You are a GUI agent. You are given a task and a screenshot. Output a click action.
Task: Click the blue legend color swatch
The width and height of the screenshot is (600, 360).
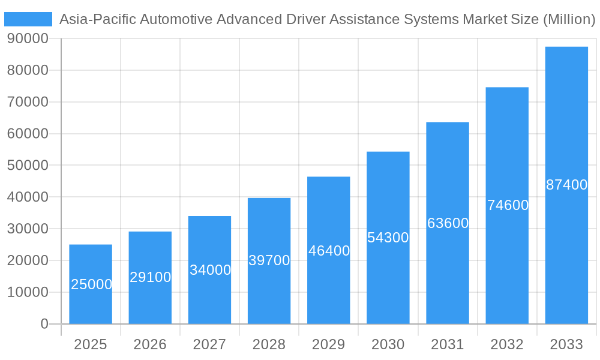point(28,19)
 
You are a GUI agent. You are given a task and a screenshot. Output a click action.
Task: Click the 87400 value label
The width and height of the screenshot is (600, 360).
point(566,185)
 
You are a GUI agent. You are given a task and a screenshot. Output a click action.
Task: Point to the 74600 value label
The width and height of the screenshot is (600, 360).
point(508,205)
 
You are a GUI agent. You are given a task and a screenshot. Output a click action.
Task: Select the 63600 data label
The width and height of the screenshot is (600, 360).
point(448,223)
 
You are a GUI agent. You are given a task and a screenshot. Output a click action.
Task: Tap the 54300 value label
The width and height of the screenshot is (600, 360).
point(388,238)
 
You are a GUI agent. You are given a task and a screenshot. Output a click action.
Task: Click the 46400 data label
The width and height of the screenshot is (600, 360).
point(329,251)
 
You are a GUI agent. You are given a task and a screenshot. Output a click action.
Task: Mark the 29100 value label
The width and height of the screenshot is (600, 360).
point(150,277)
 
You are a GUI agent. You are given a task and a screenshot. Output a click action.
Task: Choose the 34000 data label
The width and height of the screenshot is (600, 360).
point(210,270)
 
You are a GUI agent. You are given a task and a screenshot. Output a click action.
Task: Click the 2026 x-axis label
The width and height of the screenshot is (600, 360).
point(150,344)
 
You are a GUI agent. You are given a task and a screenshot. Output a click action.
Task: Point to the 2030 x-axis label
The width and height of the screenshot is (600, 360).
point(388,344)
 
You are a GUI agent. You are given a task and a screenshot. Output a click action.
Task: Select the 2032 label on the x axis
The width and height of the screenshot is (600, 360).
point(507,344)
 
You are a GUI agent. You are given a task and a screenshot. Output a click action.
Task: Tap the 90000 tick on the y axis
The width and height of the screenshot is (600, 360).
point(28,38)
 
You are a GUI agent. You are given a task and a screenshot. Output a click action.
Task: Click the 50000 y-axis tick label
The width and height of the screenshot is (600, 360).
point(28,165)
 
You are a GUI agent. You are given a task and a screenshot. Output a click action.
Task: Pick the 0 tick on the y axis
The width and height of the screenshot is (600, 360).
point(44,324)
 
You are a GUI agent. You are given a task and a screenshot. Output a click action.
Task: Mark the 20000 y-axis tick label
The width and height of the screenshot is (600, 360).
point(28,260)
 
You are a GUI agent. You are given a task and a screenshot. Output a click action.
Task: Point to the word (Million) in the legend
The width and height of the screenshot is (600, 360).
point(569,19)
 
